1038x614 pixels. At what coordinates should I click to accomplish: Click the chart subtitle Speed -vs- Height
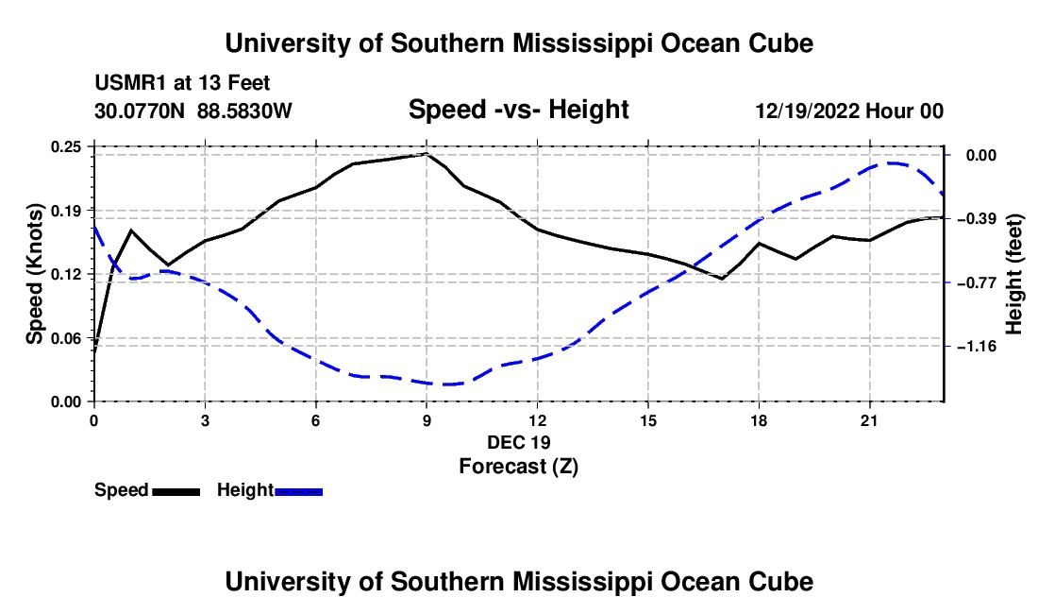(x=518, y=110)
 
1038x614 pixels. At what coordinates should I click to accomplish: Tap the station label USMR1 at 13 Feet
(x=182, y=83)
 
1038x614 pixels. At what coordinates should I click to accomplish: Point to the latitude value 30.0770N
(x=140, y=111)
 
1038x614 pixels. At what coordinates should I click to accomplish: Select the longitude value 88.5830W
(x=244, y=111)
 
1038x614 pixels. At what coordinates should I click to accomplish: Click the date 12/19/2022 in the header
(x=808, y=111)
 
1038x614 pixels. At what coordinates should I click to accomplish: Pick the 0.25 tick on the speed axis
(x=66, y=147)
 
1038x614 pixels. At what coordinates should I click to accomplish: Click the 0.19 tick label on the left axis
(x=66, y=211)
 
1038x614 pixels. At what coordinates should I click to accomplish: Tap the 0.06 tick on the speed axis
(x=66, y=338)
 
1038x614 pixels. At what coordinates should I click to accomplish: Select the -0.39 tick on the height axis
(x=981, y=219)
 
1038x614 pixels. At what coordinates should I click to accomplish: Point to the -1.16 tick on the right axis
(x=981, y=347)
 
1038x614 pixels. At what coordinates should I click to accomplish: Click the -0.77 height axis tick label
(x=981, y=283)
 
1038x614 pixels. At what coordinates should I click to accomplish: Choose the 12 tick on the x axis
(x=538, y=420)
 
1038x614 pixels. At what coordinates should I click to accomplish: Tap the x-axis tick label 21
(x=869, y=420)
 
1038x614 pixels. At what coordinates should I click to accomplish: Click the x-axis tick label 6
(x=316, y=420)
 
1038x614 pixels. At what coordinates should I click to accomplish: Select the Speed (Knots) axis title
(x=34, y=274)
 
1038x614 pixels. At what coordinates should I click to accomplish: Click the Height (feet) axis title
(x=1013, y=274)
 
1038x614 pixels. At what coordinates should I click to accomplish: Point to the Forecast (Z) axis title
(x=518, y=467)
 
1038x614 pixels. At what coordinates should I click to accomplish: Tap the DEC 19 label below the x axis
(x=518, y=442)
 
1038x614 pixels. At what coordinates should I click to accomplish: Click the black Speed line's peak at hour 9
(x=427, y=154)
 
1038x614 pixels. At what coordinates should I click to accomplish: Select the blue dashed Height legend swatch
(x=298, y=491)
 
